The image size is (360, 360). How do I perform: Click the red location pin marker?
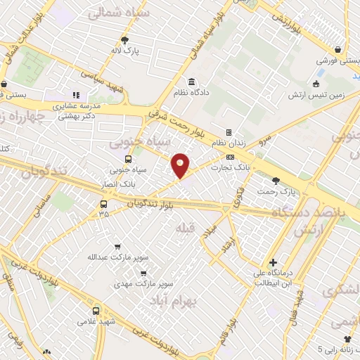point(181,165)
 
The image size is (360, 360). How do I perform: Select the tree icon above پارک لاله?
point(125,39)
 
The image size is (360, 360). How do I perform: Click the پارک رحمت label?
point(274,192)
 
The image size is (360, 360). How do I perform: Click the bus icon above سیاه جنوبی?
point(129,160)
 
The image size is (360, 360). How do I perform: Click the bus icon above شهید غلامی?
point(96,310)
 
